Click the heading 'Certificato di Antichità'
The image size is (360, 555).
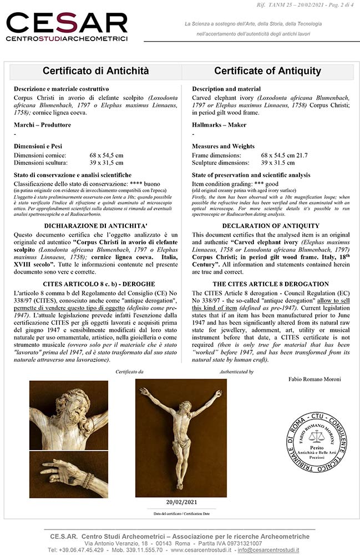(x=95, y=71)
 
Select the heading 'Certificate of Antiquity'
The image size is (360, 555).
(x=267, y=71)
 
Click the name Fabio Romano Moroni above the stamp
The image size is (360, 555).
(x=315, y=380)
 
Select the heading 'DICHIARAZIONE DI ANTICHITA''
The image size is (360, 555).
(x=95, y=226)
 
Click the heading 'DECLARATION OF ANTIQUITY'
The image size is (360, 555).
(x=270, y=226)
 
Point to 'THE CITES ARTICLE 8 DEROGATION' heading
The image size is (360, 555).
(x=270, y=284)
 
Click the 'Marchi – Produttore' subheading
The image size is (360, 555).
(x=43, y=125)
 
